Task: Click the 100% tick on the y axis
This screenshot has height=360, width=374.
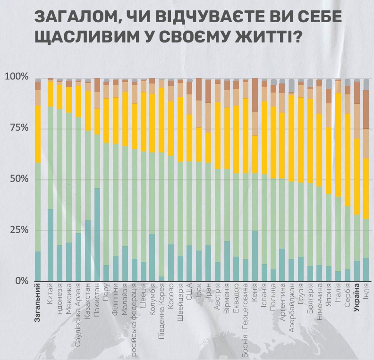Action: [17, 76]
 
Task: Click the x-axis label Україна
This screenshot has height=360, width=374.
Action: [357, 297]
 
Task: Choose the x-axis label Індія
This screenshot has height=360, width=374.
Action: [366, 293]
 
